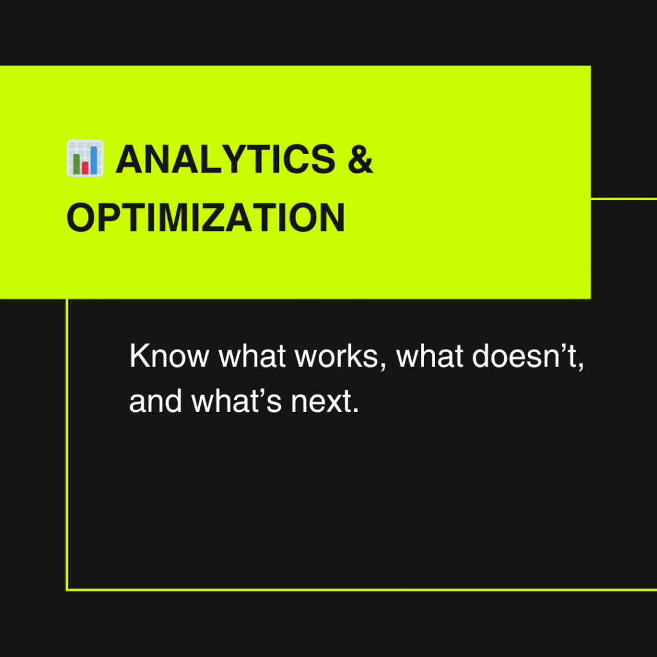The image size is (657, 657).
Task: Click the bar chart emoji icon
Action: coord(85,158)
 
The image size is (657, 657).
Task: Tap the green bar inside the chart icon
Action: coord(76,164)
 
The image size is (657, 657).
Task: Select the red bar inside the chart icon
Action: coord(85,167)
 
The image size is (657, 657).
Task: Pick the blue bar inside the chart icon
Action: coord(94,160)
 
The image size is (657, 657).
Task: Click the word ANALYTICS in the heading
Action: coord(225,159)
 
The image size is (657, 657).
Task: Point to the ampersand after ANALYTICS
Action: coord(361,159)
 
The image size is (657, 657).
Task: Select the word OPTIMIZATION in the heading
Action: coord(206,218)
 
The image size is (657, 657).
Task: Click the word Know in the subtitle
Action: coord(169,355)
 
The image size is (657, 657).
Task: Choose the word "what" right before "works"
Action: coord(253,355)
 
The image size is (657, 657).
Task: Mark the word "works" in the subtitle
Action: coord(336,355)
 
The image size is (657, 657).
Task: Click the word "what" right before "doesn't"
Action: coord(430,355)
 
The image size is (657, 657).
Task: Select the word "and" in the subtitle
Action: coord(155,401)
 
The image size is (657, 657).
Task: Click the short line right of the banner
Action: coord(624,199)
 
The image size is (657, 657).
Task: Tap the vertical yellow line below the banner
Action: coord(67,444)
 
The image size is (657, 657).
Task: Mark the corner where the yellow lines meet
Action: coord(67,590)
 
